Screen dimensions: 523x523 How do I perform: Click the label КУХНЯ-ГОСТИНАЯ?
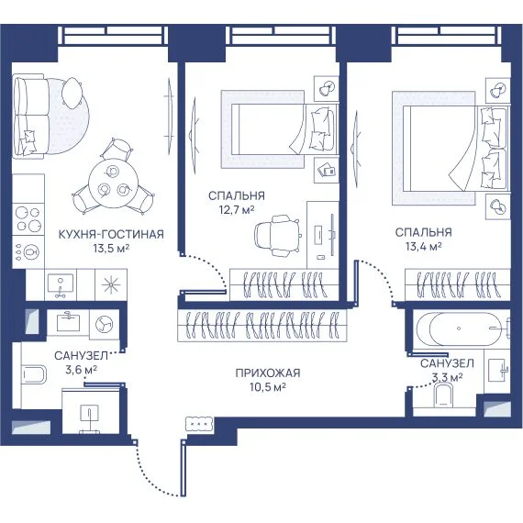coord(111,234)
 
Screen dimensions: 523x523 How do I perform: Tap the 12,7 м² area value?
coord(237,210)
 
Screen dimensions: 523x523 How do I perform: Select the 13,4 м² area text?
coord(424,247)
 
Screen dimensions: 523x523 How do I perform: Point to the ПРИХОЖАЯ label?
coord(268,373)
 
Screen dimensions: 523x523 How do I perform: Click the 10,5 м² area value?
coord(268,387)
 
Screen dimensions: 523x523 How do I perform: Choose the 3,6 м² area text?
coord(82,370)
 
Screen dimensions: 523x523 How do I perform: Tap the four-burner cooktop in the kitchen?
coord(28,219)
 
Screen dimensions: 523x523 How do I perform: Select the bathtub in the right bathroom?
coord(464,328)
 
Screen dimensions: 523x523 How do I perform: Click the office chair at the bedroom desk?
coord(277,236)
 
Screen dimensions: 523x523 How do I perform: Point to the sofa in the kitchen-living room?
coord(29,117)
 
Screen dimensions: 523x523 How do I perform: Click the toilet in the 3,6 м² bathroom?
coord(33,374)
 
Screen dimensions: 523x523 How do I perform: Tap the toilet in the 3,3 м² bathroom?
coord(444,395)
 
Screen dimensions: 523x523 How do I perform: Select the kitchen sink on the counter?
coord(61,284)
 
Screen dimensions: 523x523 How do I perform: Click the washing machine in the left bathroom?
coord(104,324)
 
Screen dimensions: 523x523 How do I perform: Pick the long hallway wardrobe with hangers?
coord(262,326)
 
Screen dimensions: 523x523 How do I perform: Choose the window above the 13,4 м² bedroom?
coord(448,36)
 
